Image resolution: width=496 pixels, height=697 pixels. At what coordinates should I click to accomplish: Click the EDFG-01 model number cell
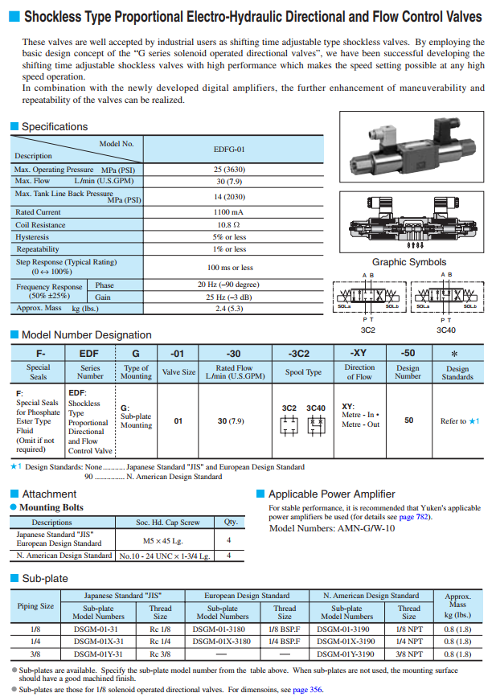pos(229,149)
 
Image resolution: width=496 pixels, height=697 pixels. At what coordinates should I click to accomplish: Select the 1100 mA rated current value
pos(229,212)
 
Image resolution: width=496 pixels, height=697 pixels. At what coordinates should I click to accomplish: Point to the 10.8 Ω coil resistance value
pos(229,225)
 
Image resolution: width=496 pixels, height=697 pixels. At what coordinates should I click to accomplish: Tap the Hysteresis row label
pos(32,237)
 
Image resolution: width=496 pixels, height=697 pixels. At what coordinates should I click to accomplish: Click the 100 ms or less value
pos(229,267)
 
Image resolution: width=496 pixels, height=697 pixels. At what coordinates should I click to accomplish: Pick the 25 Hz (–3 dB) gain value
pos(229,297)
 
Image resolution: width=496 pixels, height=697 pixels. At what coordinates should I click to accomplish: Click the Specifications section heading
pos(54,126)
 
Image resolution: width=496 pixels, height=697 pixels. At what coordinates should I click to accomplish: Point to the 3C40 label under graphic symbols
pos(447,329)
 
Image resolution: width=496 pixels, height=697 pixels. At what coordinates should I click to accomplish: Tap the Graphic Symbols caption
pos(408,262)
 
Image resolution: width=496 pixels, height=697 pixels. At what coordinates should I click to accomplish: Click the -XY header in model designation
pos(359,353)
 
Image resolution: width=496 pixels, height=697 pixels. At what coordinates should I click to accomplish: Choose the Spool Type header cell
pos(304,372)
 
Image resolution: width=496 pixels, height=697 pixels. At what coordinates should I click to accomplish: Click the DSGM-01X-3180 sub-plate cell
pos(222,642)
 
